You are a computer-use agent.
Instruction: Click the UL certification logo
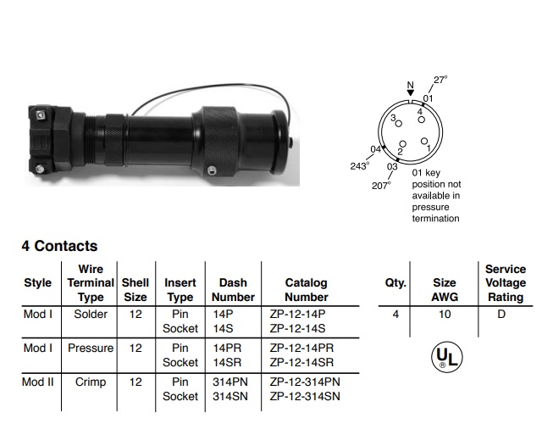[447, 357]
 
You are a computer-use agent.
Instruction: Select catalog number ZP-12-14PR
[301, 349]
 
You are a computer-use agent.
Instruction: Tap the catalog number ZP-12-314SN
[305, 397]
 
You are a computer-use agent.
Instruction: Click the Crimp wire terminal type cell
[91, 382]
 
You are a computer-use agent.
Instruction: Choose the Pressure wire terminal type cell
[91, 349]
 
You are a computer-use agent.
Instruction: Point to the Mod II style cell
[38, 382]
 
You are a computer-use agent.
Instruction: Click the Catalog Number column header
[306, 290]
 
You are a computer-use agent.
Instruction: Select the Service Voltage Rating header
[506, 283]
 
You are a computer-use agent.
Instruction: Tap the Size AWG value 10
[445, 315]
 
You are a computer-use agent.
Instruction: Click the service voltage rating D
[501, 314]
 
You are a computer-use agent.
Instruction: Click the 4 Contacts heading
[59, 246]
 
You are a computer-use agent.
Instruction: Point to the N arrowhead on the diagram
[410, 92]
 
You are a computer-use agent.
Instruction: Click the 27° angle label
[440, 80]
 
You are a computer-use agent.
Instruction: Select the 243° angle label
[360, 166]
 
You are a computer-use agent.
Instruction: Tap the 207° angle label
[381, 186]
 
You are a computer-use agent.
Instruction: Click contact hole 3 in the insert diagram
[399, 124]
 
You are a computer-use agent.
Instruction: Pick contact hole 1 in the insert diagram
[424, 142]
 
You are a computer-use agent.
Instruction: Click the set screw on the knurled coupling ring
[211, 170]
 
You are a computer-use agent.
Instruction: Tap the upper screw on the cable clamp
[41, 115]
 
